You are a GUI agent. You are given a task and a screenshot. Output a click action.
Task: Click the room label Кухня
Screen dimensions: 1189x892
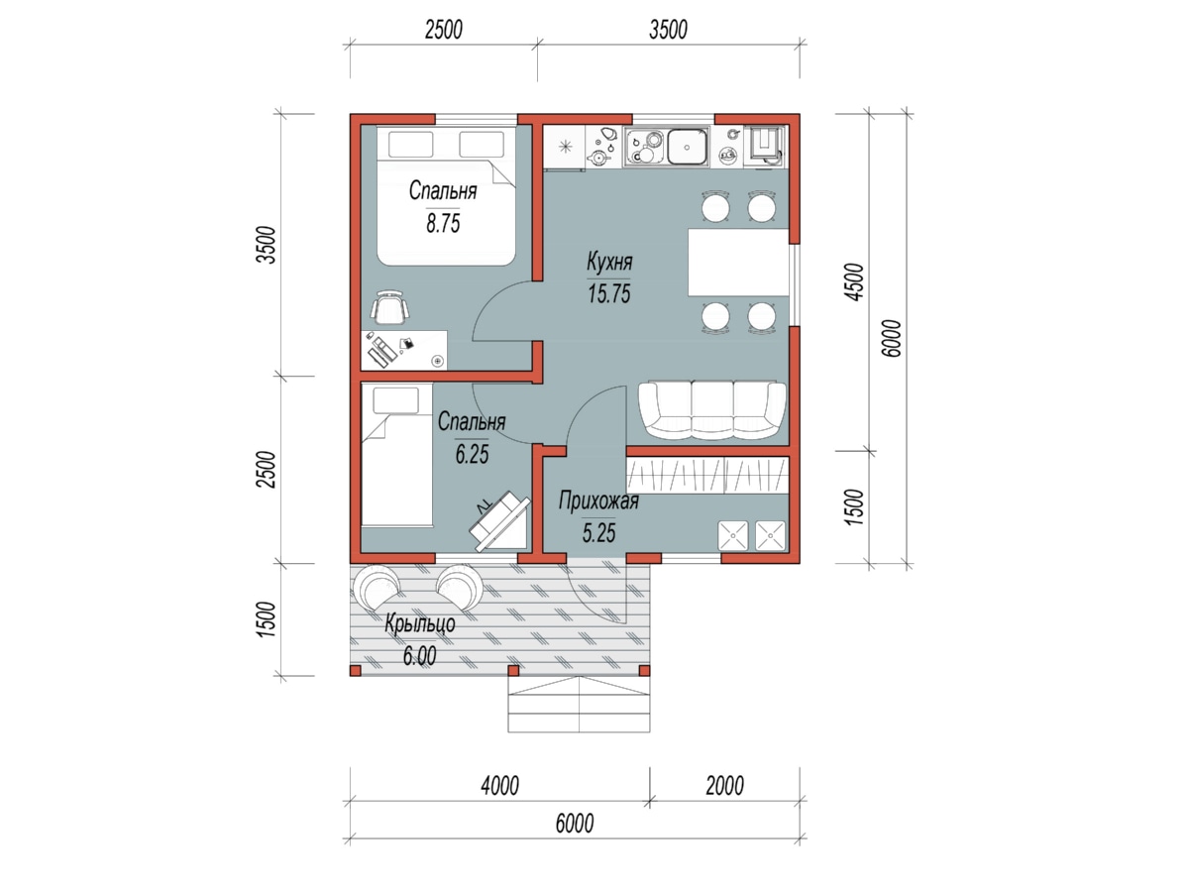tap(608, 262)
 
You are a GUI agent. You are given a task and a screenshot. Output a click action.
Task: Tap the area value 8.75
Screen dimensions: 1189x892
tap(443, 223)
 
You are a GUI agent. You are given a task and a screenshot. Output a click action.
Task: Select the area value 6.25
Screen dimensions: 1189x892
tap(472, 454)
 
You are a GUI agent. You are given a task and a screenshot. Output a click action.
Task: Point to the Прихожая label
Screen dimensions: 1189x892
tap(598, 502)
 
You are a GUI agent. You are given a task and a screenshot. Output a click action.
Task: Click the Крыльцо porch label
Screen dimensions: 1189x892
tap(420, 624)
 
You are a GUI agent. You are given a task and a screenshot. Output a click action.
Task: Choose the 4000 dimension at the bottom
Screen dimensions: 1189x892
tap(499, 785)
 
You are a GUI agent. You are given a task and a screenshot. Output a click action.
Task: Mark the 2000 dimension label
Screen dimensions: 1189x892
tap(724, 785)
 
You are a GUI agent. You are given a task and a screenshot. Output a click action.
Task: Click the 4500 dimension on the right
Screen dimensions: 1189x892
tap(855, 281)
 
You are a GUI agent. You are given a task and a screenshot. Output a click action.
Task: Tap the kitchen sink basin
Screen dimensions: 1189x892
tap(688, 147)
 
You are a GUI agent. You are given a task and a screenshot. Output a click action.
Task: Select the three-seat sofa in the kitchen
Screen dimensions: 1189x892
tap(712, 410)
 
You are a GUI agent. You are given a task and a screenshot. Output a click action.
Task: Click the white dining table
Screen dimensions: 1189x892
tap(738, 262)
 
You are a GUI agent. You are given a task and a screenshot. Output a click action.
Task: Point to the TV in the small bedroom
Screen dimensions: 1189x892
tap(499, 520)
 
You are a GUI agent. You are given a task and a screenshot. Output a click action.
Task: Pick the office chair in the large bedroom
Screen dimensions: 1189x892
tap(389, 307)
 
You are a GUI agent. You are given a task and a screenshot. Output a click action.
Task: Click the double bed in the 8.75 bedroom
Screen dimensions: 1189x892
tap(445, 195)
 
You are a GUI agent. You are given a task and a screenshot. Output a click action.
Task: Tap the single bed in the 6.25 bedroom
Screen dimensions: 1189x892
tap(396, 455)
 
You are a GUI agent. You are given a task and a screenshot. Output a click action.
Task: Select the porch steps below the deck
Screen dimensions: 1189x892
tap(579, 704)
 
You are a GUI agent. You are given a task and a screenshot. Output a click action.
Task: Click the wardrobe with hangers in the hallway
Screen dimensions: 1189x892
tap(707, 475)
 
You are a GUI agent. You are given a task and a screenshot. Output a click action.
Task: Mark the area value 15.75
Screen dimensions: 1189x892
tap(608, 293)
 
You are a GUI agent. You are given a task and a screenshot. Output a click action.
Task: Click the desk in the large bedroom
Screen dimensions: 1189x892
tap(404, 350)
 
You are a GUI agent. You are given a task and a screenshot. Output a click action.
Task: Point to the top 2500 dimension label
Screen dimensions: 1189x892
tap(443, 30)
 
